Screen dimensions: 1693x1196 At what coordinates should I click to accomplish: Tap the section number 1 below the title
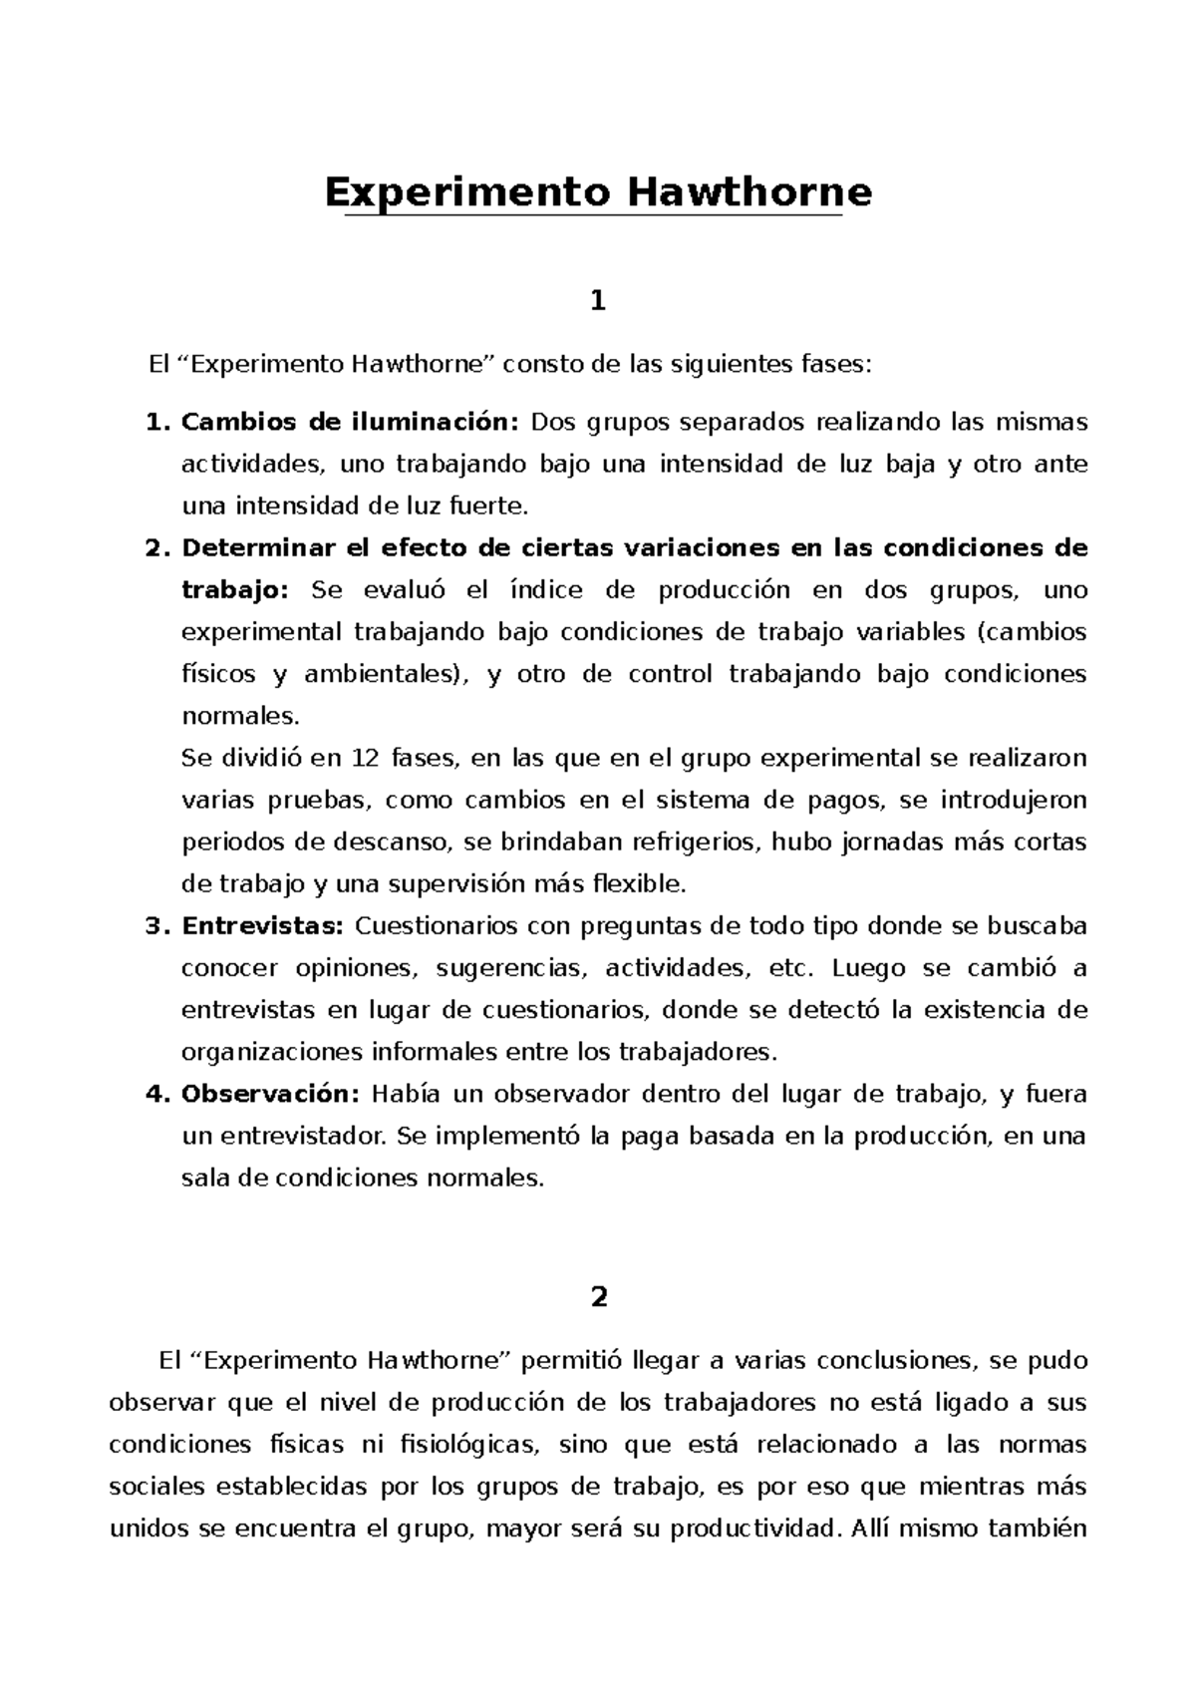598,300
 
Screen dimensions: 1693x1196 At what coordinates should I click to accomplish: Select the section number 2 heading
598,1297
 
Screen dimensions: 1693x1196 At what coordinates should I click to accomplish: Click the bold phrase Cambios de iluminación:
350,423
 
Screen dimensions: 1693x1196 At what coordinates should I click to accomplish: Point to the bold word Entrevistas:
262,926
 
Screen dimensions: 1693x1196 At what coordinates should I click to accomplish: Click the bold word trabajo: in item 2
234,590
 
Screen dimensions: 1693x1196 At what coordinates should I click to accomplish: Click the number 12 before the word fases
366,759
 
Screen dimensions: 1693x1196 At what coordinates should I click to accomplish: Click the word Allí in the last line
871,1529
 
